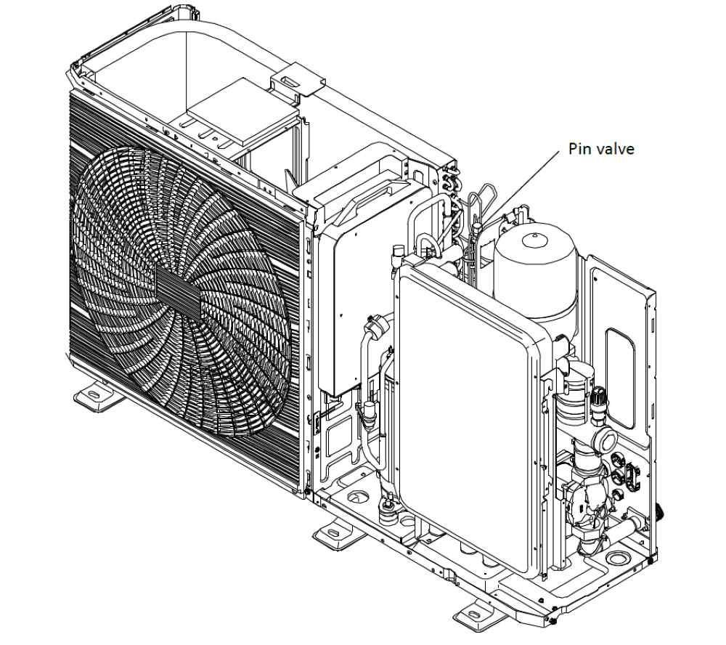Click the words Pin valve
coord(601,149)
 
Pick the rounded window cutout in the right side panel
coord(620,378)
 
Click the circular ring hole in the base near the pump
coord(618,557)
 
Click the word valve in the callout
coord(615,149)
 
